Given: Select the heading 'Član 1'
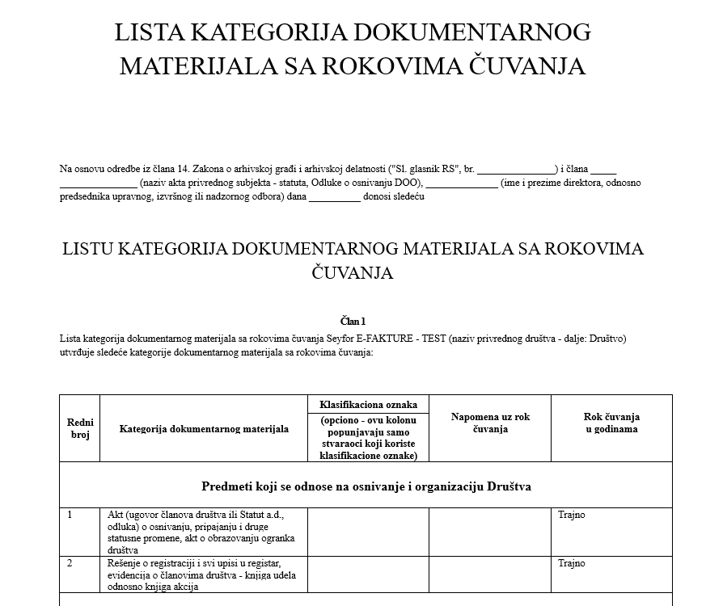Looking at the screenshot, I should (353, 322).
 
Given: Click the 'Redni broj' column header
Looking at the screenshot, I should (80, 428).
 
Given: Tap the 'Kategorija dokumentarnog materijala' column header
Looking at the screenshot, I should (204, 428).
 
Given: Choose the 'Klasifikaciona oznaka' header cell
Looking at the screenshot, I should (368, 403).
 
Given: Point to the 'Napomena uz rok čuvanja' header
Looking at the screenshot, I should (490, 423).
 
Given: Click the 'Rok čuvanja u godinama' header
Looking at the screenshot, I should (611, 423).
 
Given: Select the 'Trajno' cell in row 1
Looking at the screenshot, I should (571, 515).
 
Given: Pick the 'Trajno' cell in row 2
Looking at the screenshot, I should (571, 563).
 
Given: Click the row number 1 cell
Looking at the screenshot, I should (70, 515).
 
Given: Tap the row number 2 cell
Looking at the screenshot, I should (70, 563).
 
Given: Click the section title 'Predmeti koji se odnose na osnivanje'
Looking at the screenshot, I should (366, 486).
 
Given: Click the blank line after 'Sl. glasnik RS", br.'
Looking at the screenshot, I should (516, 170).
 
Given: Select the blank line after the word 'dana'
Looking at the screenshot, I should (334, 196).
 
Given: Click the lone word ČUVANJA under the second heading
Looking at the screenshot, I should (353, 273).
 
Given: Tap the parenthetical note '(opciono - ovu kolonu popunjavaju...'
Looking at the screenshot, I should (368, 438).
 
